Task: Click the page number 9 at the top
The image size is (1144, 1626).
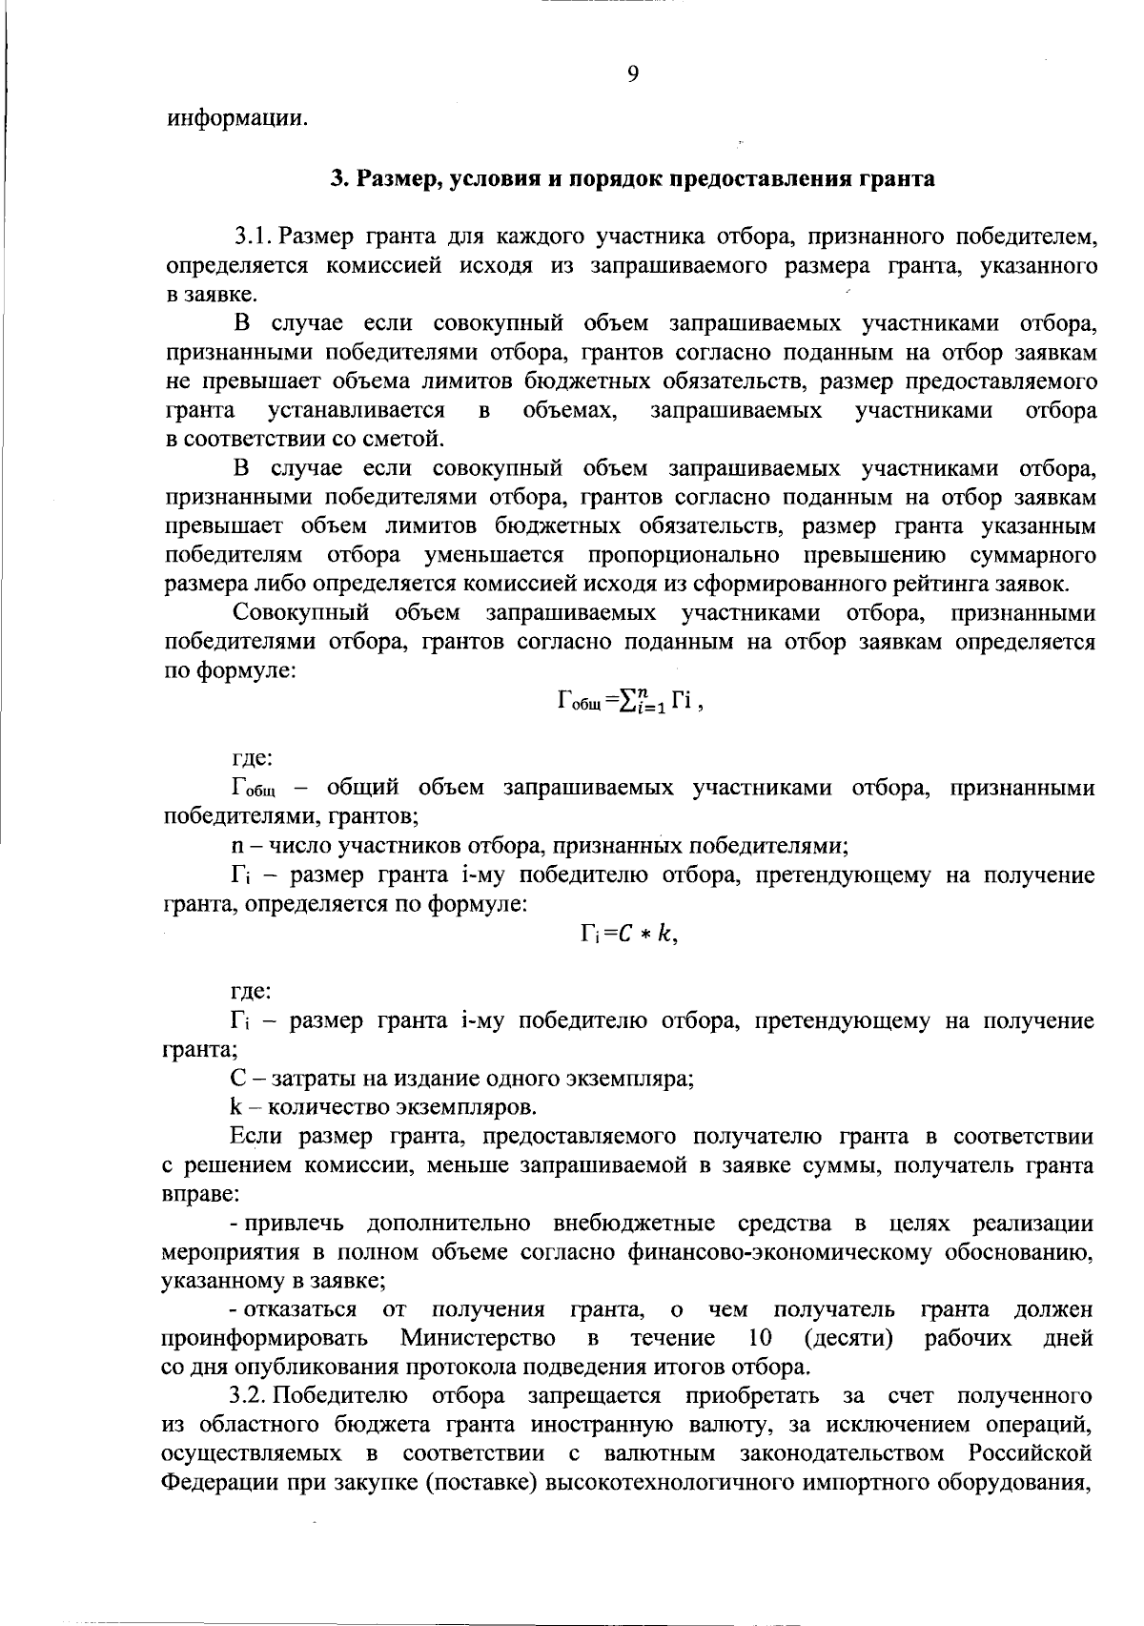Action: [633, 74]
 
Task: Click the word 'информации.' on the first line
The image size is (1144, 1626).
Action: [238, 120]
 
